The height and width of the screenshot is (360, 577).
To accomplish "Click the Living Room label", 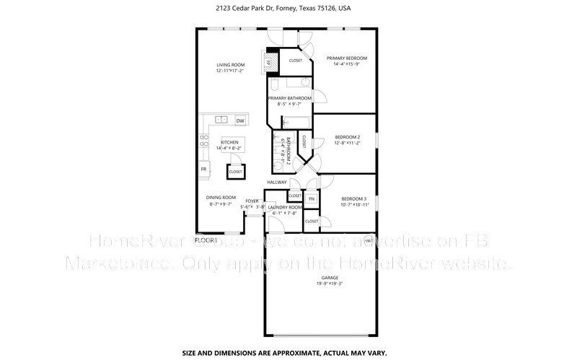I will pos(230,65).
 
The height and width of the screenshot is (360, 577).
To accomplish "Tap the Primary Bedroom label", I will pos(346,58).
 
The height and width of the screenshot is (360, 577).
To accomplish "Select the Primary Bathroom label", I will pos(289,98).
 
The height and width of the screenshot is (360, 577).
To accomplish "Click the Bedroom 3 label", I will pos(354,199).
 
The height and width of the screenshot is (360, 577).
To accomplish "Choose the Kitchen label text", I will pos(230,142).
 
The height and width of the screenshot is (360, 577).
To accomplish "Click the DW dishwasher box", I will pos(240,120).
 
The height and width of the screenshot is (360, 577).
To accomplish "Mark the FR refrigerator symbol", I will pos(204,169).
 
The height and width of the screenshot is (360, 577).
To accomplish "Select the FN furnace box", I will pos(312,198).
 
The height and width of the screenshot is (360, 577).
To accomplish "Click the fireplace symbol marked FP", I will pos(268,63).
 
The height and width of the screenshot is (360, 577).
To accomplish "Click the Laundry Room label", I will pos(286,207).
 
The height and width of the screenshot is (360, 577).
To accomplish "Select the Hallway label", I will pos(276,183).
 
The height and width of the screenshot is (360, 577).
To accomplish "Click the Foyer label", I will pos(251,201).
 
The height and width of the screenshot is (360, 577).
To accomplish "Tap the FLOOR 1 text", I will pos(206,239).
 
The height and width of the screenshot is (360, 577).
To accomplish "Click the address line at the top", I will pos(288,8).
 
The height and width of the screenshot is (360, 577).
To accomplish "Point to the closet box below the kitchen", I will pos(235,172).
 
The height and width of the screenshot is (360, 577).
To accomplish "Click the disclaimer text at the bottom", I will pos(288,353).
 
